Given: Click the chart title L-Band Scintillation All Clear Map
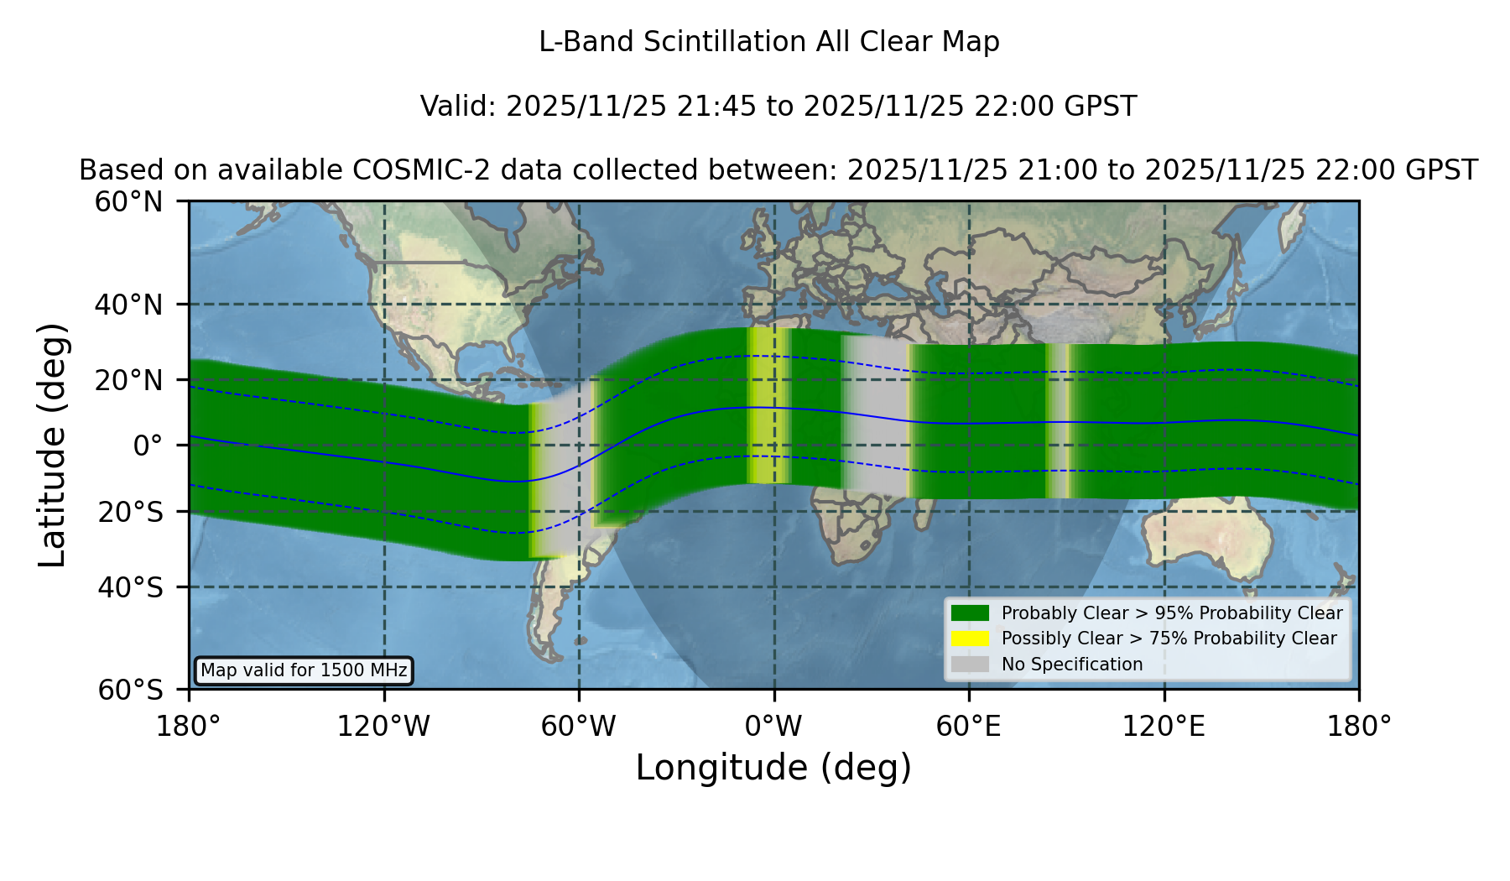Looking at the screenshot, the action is [x=768, y=42].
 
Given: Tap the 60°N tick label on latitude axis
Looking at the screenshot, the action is [x=129, y=202].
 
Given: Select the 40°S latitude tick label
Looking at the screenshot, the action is [x=131, y=587].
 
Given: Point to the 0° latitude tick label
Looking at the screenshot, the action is [x=148, y=446].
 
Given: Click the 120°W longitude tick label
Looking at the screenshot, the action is [x=383, y=727].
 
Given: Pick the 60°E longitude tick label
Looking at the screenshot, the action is [x=969, y=727].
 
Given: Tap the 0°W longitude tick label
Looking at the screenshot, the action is [x=774, y=727].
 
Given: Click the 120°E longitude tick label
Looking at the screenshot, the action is [x=1164, y=727].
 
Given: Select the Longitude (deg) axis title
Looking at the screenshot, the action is [x=773, y=769].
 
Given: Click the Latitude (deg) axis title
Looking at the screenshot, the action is [x=52, y=445].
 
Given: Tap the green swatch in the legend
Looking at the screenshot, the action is [x=971, y=613].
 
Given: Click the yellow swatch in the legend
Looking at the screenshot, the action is [x=971, y=639].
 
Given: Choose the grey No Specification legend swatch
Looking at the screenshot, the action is [x=971, y=665].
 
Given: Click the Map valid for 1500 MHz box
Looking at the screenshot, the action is [x=304, y=670].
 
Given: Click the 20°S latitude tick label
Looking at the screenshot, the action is [x=131, y=512].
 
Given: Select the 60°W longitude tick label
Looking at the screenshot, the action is [x=579, y=727].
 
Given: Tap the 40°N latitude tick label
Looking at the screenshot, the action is [x=129, y=305].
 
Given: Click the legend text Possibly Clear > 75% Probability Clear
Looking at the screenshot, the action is [x=1169, y=639].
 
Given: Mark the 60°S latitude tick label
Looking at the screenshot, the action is [x=131, y=690].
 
